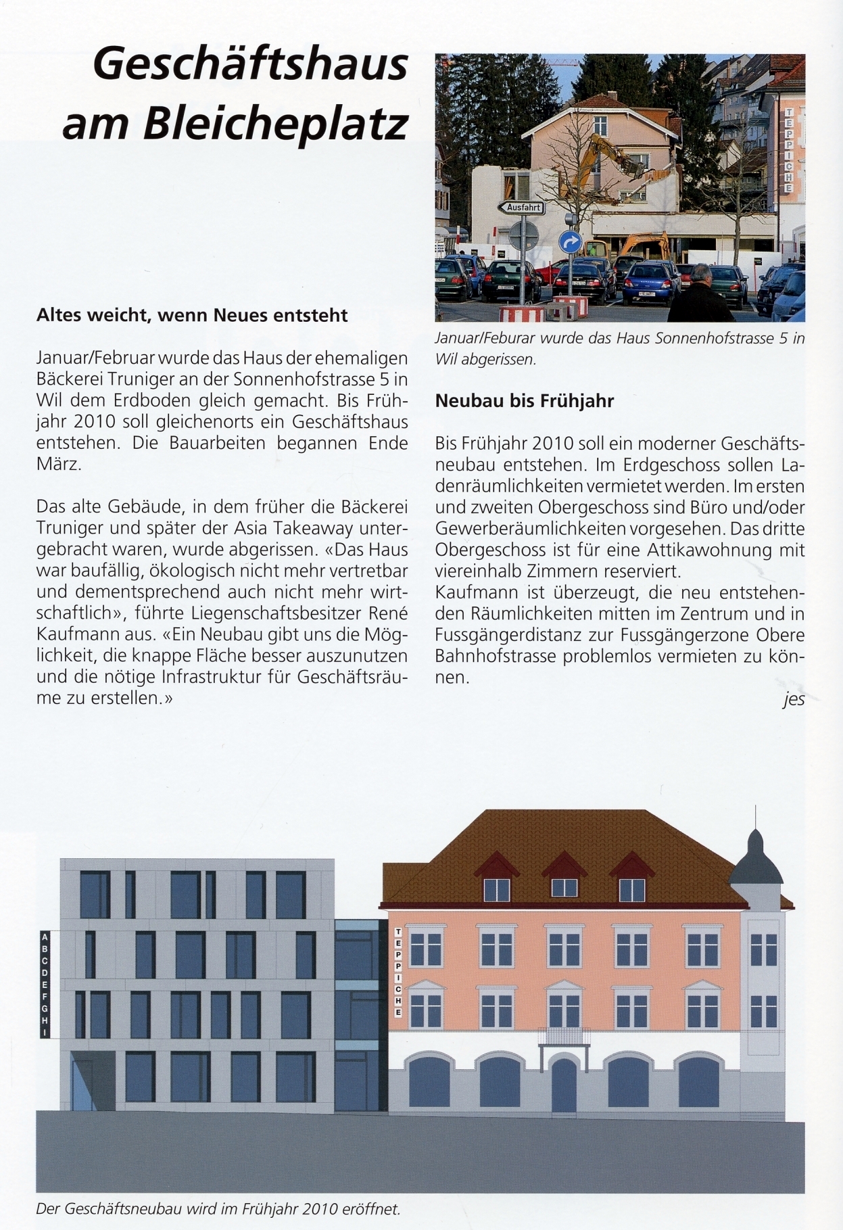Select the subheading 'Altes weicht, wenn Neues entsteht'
point(192,315)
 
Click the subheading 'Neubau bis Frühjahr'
point(524,401)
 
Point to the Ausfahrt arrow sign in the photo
point(521,208)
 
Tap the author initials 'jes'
point(794,699)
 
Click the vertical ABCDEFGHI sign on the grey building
point(45,985)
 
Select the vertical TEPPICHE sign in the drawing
point(399,972)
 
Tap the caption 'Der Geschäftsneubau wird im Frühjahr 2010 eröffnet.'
point(218,1208)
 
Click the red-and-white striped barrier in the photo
point(521,313)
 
